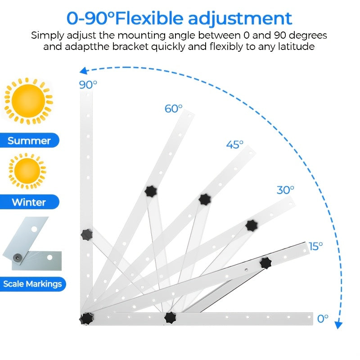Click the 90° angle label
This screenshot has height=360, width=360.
point(88,85)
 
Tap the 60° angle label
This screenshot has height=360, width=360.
point(174,108)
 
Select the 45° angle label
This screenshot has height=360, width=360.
point(234,144)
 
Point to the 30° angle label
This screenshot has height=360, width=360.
point(285,190)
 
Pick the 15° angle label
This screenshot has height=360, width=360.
point(316,246)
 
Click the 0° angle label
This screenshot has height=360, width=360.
point(323,319)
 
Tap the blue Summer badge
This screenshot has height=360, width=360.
point(29,140)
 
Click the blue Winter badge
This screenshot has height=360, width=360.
point(29,202)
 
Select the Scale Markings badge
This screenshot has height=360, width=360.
point(32,284)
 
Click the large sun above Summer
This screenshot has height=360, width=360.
point(28,101)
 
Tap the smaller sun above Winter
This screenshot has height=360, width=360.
point(27,171)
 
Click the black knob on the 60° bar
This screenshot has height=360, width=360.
point(151,191)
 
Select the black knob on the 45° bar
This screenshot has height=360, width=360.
point(205,199)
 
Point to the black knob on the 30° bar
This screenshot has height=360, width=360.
point(252,225)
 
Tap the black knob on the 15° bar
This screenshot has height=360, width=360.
point(265,263)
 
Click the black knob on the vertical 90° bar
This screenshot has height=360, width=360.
point(86,234)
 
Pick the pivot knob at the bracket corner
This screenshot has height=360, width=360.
point(86,319)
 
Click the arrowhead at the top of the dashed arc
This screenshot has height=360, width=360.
point(83,71)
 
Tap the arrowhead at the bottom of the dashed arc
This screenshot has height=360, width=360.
point(338,325)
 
